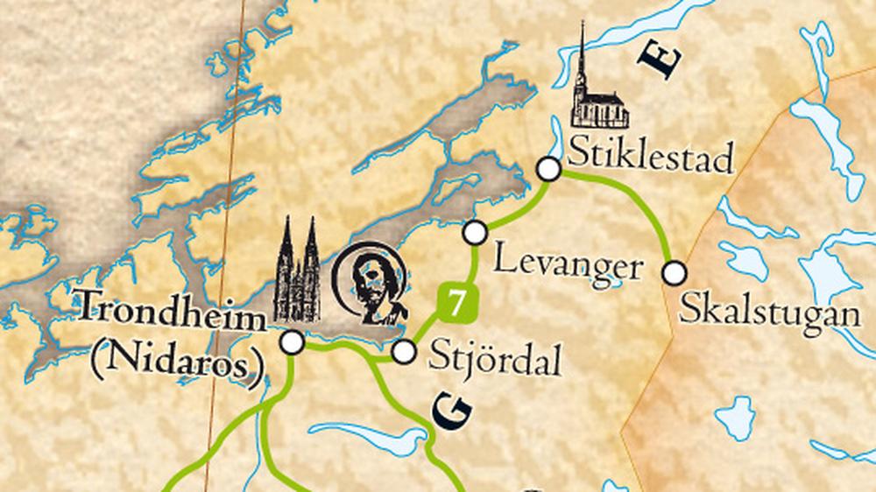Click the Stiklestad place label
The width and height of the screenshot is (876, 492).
tap(650, 157)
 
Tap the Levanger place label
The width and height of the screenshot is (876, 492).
tap(568, 263)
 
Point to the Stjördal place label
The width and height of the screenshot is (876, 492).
tap(495, 357)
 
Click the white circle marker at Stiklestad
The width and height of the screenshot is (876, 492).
tap(548, 169)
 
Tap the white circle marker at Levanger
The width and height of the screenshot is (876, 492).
tap(475, 232)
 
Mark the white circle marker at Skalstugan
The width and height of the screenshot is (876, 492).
tap(674, 273)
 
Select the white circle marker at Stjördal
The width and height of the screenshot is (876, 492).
tap(403, 352)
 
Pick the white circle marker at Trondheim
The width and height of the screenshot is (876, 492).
tap(293, 342)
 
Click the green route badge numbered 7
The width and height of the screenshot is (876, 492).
tap(456, 303)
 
